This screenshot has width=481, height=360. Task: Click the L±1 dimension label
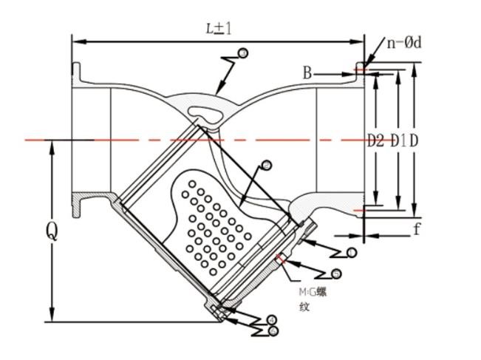click(x=219, y=28)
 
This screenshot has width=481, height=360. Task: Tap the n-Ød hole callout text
click(x=404, y=42)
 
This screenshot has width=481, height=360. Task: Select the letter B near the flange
click(x=308, y=72)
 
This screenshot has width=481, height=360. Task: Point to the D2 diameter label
click(x=375, y=140)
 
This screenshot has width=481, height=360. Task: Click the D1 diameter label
click(x=398, y=140)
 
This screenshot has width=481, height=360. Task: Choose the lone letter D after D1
click(x=414, y=140)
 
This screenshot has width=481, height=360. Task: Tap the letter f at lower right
click(x=417, y=228)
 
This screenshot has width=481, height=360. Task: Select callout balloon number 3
click(x=243, y=52)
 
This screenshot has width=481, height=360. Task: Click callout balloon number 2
click(x=266, y=165)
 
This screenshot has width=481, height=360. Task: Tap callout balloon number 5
click(x=336, y=274)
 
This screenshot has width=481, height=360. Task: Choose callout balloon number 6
click(x=273, y=330)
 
